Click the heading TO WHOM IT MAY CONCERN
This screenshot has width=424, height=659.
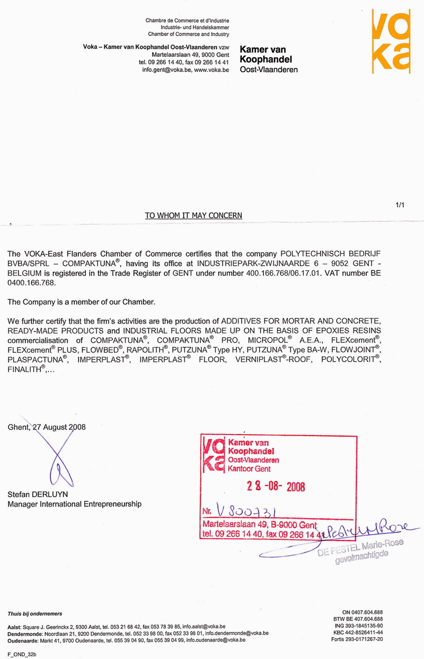pos(193,215)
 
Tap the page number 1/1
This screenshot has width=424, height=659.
pos(400,205)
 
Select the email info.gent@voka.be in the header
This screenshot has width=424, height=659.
pos(162,69)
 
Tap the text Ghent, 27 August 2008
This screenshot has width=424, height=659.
pos(47,427)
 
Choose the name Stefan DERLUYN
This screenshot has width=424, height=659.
pos(38,494)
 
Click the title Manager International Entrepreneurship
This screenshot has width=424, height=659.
pos(74,504)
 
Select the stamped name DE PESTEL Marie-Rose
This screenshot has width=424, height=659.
pos(360,546)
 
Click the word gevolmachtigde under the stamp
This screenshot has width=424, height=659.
pos(361,556)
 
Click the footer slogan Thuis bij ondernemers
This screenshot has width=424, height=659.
pos(34,614)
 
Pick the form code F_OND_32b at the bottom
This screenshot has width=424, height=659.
pos(22,654)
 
